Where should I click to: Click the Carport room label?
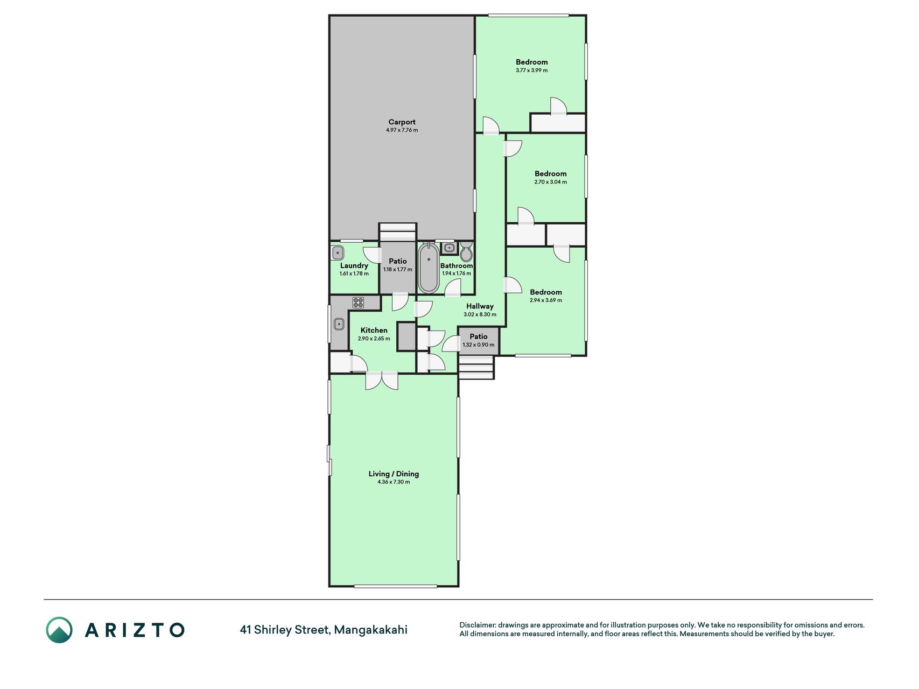pyautogui.click(x=402, y=122)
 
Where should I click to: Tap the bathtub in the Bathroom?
pyautogui.click(x=429, y=268)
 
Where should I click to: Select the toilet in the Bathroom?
pyautogui.click(x=466, y=251)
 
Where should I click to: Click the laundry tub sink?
pyautogui.click(x=338, y=252)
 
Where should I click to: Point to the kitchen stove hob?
pyautogui.click(x=358, y=302)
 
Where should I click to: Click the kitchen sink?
pyautogui.click(x=339, y=324)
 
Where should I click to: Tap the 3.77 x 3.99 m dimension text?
pyautogui.click(x=531, y=71)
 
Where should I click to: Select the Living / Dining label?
pyautogui.click(x=394, y=474)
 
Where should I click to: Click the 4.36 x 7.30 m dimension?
pyautogui.click(x=394, y=482)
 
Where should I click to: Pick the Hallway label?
pyautogui.click(x=480, y=306)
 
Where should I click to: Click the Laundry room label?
pyautogui.click(x=354, y=265)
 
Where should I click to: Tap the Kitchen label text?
pyautogui.click(x=374, y=331)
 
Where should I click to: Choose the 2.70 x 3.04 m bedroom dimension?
pyautogui.click(x=550, y=182)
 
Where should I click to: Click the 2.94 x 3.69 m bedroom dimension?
pyautogui.click(x=546, y=300)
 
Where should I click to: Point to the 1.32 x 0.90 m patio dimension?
pyautogui.click(x=478, y=345)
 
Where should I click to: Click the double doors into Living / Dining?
pyautogui.click(x=382, y=380)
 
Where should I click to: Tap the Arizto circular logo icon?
pyautogui.click(x=59, y=630)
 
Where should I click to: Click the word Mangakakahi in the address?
pyautogui.click(x=371, y=630)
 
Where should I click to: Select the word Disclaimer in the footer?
pyautogui.click(x=477, y=625)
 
